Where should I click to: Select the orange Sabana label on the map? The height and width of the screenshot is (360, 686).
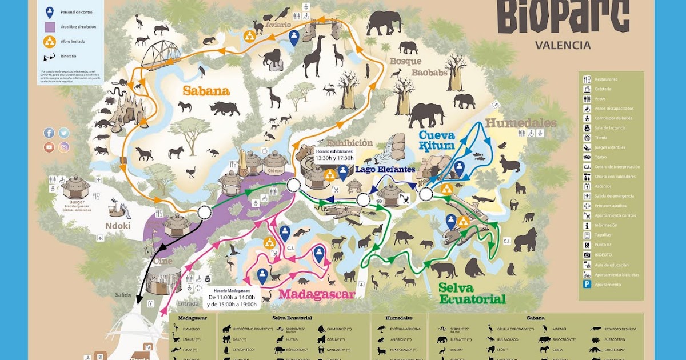(206, 91)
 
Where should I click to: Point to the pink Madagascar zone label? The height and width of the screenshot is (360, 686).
(317, 294)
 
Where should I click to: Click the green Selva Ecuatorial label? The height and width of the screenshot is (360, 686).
(472, 293)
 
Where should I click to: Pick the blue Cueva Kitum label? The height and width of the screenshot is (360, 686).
(437, 141)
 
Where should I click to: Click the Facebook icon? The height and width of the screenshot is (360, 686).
(49, 133)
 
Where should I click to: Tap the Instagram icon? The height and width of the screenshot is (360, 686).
(64, 147)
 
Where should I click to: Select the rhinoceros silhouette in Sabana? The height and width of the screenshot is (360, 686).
(225, 108)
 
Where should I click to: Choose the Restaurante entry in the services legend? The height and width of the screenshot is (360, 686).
(606, 79)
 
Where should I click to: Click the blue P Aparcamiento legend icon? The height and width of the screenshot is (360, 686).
(587, 284)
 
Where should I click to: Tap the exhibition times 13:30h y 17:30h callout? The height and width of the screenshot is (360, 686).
(334, 155)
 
